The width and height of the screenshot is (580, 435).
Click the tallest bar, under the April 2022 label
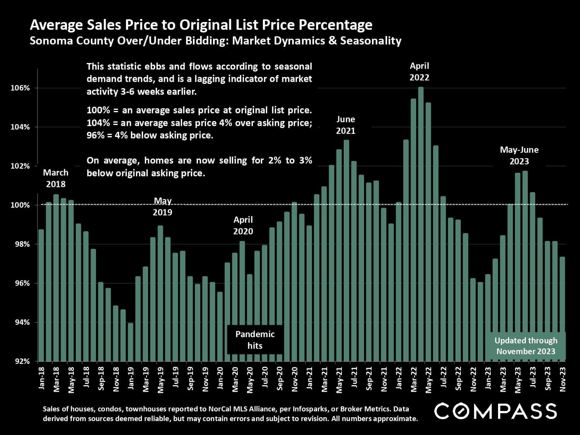pos(421,224)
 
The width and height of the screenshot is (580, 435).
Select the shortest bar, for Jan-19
pos(131,342)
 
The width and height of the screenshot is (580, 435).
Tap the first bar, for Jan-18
pos(41,295)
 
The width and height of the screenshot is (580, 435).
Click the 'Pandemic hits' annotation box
pos(255,340)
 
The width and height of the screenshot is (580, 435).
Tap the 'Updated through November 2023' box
pos(526,346)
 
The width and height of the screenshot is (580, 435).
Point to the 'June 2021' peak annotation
pos(346,125)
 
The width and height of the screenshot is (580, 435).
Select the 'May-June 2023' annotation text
pos(519,155)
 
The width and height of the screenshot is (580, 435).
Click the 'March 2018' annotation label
pos(56,178)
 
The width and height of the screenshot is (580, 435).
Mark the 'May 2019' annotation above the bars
pos(162,206)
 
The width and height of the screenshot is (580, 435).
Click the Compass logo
pos(495,411)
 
